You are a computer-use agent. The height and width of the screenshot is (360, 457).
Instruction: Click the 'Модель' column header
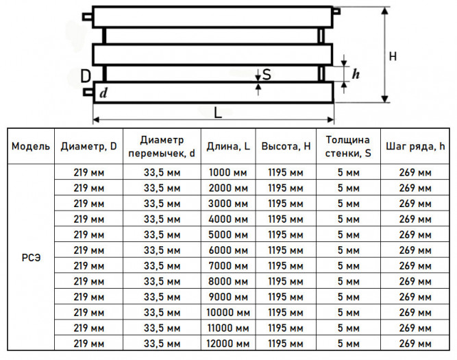point(31,146)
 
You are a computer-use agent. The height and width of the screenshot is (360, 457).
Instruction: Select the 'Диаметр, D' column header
point(88,146)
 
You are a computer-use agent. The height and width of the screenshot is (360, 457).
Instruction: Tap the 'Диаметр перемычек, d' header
point(162,147)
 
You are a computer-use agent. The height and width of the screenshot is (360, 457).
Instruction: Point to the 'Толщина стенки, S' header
point(348,147)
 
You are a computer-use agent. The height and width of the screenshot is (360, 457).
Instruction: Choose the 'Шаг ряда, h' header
point(415,146)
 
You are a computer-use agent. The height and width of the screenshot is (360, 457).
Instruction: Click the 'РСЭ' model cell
point(31,258)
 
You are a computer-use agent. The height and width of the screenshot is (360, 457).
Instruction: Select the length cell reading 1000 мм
point(228,173)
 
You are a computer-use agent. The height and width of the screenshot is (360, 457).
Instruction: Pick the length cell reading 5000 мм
point(228,235)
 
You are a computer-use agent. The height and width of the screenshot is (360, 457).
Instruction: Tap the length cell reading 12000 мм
point(228,344)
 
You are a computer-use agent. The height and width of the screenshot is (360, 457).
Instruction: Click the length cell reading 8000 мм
point(228,282)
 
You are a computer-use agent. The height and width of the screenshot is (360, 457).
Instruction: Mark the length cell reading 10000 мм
point(228,313)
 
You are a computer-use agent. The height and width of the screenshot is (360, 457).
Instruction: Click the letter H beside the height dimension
point(393,56)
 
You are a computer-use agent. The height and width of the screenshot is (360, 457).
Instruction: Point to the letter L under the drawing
point(218,112)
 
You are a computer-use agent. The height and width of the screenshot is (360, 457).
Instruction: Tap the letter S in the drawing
point(267,74)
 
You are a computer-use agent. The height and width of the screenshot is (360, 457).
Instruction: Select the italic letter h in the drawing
point(356,74)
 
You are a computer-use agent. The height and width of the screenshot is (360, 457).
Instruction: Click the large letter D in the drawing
point(86,76)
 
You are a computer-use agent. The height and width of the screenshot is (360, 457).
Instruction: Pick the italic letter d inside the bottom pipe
point(103,93)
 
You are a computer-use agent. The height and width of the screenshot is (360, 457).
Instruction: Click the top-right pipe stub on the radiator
point(336,11)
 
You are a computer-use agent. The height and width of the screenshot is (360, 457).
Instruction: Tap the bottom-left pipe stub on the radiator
point(88,92)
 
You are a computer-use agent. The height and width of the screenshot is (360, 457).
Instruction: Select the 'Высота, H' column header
point(286,146)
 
